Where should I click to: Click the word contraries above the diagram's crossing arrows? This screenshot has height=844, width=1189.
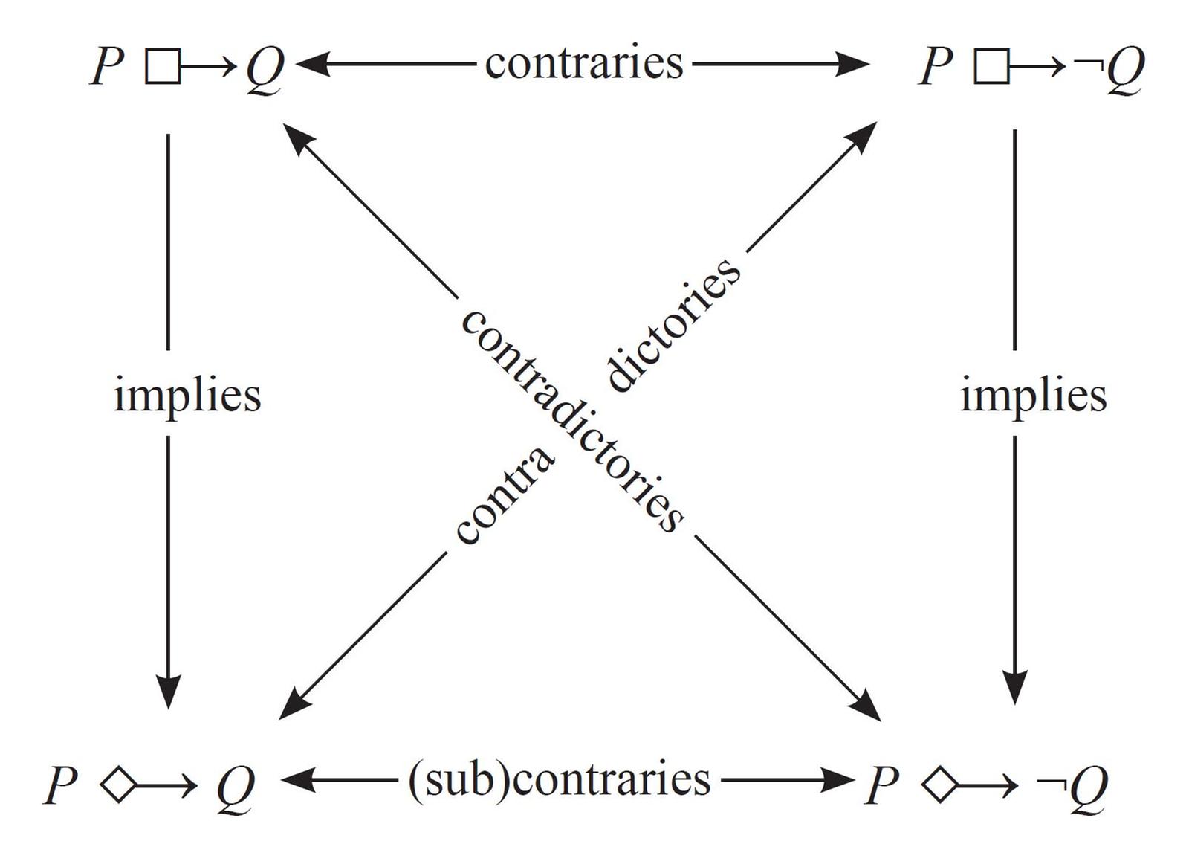click(x=584, y=64)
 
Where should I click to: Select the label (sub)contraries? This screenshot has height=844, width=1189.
click(x=559, y=780)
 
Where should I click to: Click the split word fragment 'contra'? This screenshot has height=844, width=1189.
click(x=505, y=495)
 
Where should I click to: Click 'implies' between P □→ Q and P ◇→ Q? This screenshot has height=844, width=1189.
click(x=187, y=395)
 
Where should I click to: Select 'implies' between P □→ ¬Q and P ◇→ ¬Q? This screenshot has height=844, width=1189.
click(x=1034, y=395)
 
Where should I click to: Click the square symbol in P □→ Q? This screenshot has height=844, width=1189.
click(x=163, y=67)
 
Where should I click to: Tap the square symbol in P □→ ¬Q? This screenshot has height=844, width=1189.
click(x=991, y=67)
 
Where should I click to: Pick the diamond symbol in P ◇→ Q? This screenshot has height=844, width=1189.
click(x=118, y=785)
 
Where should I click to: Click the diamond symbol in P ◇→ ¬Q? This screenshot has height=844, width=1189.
click(x=939, y=785)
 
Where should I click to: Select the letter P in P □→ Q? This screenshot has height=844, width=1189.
click(x=106, y=67)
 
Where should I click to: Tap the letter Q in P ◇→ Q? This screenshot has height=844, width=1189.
click(x=236, y=787)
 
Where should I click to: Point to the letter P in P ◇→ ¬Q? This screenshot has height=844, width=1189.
click(x=882, y=785)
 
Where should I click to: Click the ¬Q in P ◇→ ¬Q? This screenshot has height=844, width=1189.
click(x=1073, y=787)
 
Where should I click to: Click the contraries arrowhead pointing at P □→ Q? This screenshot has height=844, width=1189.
click(x=311, y=65)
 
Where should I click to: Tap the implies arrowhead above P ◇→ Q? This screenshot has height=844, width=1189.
click(x=169, y=692)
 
